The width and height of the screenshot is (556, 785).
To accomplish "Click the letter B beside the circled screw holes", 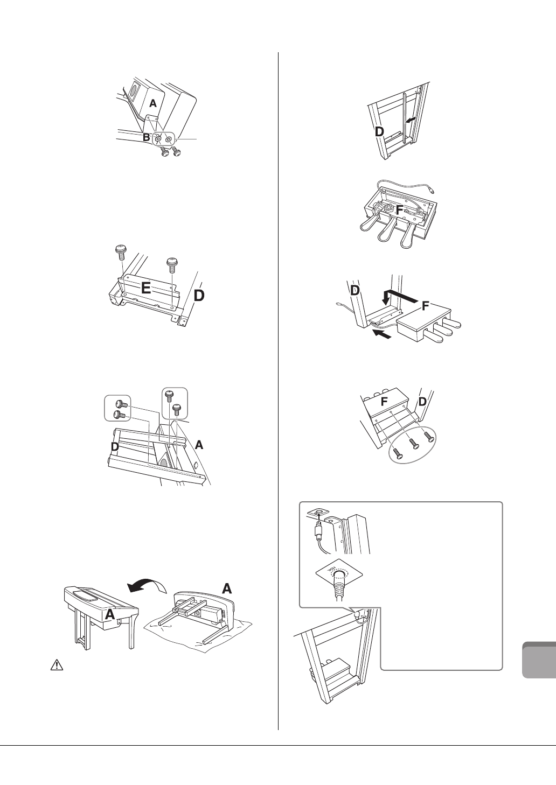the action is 146,138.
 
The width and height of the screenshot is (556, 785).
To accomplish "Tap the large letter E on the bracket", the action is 146,288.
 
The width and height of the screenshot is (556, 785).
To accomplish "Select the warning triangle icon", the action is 55,665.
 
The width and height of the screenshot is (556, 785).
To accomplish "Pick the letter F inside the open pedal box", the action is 400,210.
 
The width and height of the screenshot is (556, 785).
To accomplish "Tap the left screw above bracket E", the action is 121,250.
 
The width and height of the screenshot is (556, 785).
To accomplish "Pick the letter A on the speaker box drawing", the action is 153,103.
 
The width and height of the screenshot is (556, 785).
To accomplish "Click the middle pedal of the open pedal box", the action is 387,233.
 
